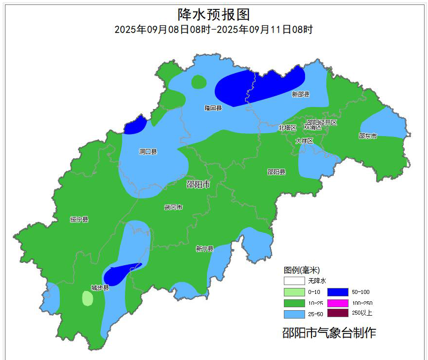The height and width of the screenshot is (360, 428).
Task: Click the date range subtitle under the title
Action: [214, 30]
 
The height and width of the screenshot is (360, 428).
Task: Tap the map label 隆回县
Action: [213, 108]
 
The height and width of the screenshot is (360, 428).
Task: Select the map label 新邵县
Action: [300, 94]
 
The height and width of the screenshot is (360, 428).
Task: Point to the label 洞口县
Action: [148, 152]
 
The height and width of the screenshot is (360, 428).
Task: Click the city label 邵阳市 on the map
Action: [198, 184]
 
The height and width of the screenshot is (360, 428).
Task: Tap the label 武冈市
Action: [173, 208]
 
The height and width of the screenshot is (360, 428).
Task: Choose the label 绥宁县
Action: [79, 219]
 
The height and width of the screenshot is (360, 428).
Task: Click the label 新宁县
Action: [204, 249]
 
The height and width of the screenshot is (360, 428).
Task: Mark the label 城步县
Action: [100, 288]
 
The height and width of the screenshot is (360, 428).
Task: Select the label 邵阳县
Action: [276, 172]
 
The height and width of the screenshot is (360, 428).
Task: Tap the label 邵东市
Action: [367, 136]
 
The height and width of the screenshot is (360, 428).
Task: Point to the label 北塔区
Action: [287, 128]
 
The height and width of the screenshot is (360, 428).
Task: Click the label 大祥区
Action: [305, 141]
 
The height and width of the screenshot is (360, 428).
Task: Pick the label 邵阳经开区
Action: [322, 122]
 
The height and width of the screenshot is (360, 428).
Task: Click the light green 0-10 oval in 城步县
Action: [87, 298]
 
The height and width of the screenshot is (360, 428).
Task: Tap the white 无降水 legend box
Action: [293, 281]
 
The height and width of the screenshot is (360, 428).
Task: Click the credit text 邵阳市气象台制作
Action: [329, 333]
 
